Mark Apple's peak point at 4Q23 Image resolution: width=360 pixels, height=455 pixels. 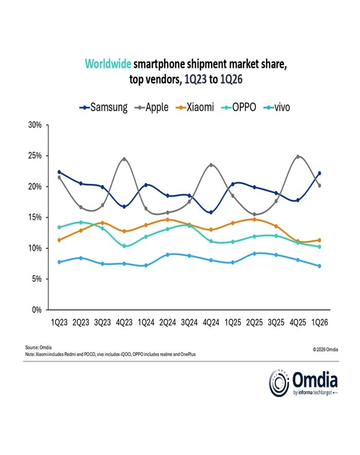click(124, 159)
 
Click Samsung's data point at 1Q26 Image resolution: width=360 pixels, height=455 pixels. click(320, 173)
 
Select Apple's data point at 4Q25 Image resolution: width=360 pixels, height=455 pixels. click(298, 157)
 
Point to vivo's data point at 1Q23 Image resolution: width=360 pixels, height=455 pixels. click(60, 262)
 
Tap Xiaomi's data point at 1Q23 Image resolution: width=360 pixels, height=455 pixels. click(60, 240)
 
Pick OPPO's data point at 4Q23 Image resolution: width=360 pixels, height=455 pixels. click(124, 246)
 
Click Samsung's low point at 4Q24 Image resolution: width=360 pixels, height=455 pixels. click(211, 212)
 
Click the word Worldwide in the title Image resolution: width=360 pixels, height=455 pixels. click(108, 64)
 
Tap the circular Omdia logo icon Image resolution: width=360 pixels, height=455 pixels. click(279, 383)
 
